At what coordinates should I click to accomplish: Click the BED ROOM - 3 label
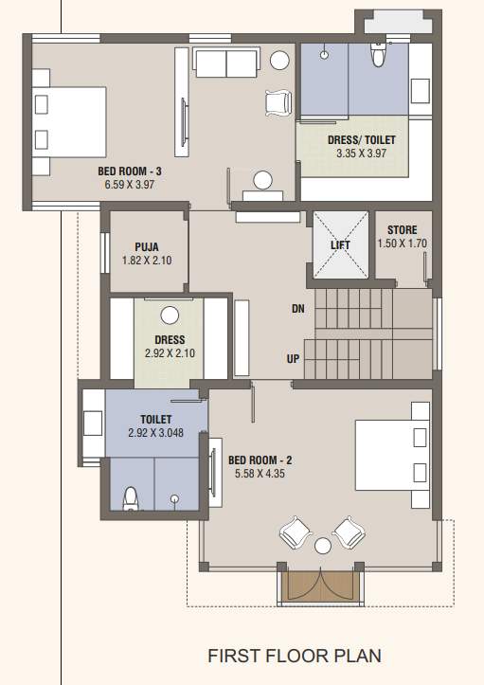(130, 171)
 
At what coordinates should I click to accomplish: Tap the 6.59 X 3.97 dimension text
(130, 185)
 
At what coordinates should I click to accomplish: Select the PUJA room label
(146, 246)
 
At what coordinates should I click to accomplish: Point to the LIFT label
(340, 245)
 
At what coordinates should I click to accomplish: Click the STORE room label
(403, 230)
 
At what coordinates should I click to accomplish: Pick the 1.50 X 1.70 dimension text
(403, 243)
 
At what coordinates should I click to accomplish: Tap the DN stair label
(298, 310)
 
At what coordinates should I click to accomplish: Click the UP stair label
(295, 359)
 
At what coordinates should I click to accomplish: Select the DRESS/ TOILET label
(361, 140)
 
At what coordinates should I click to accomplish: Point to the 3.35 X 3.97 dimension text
(361, 153)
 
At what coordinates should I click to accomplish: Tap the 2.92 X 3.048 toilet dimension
(155, 434)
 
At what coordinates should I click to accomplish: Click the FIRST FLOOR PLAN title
(296, 656)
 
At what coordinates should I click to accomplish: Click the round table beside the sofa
(280, 60)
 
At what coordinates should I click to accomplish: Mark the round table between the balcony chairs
(322, 545)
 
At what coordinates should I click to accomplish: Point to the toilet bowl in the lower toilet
(132, 497)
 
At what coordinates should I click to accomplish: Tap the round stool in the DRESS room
(170, 315)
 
